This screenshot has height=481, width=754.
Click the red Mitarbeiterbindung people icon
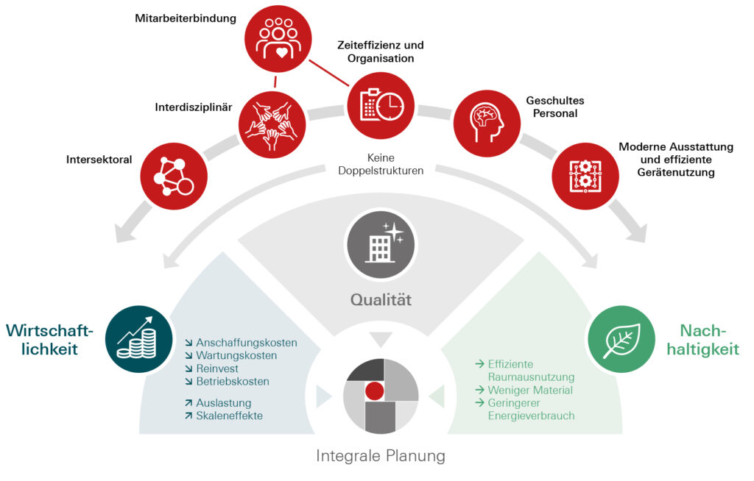coord(278,39)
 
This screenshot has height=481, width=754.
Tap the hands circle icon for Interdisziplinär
coord(272,125)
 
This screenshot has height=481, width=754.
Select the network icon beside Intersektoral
coord(174,177)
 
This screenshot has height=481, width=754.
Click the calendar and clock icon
coord(381,106)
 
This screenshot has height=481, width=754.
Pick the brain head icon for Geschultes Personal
coord(487,124)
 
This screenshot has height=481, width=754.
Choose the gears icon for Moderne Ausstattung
coord(585,177)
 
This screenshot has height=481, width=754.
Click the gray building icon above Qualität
coord(381,245)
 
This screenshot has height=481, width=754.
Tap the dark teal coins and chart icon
coord(139,339)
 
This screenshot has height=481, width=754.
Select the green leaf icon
coord(621,339)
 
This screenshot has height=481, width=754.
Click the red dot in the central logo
coord(375,391)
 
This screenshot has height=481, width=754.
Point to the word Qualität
coord(381,300)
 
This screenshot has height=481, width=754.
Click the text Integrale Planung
coord(381,455)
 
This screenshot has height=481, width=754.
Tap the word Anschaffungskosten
coord(247,343)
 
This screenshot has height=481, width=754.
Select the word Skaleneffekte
coord(230,416)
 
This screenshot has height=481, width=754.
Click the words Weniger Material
coord(530,391)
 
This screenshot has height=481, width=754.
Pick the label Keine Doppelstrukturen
coord(381,164)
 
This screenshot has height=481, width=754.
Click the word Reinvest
coord(217,368)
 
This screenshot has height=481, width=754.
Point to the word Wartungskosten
coord(236,355)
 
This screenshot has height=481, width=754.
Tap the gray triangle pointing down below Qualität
coord(381,339)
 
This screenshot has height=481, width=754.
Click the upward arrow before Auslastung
coord(188,403)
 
